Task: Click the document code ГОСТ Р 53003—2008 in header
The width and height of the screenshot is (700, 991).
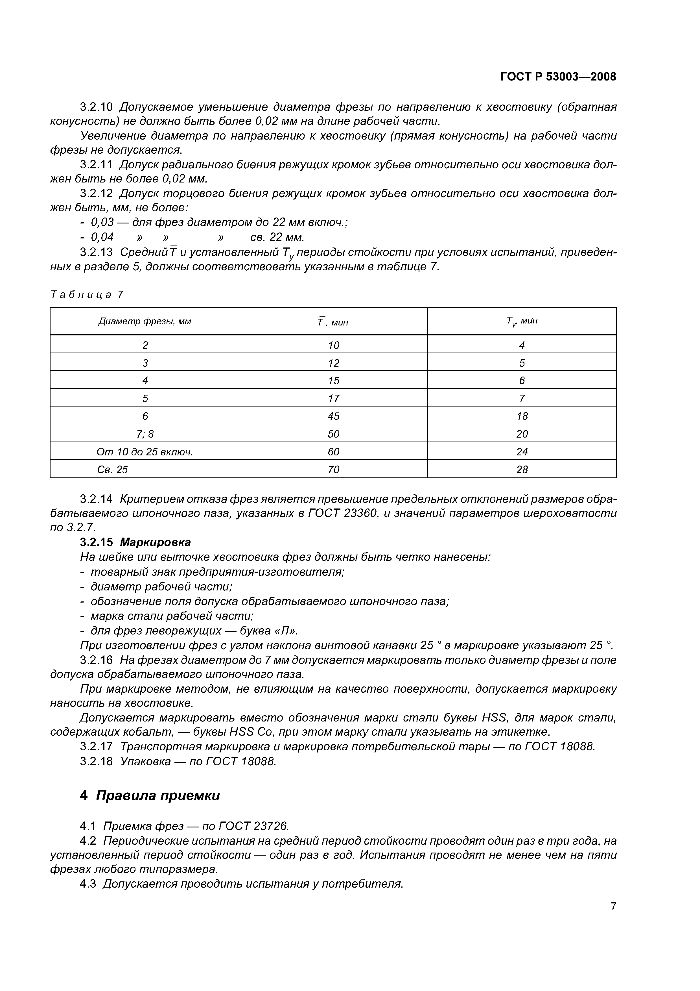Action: tap(558, 77)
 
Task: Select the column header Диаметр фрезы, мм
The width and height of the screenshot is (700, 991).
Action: tap(145, 321)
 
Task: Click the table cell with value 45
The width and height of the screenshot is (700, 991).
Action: tap(333, 416)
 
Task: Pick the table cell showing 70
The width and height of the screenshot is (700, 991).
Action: tap(333, 470)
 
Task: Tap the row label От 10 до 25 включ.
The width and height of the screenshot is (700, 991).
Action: tap(145, 452)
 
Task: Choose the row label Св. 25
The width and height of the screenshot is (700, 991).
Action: tap(113, 470)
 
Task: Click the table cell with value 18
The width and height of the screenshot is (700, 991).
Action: tap(522, 416)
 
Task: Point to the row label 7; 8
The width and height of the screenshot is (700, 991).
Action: tap(145, 434)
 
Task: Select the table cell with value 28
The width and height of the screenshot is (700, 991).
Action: tap(522, 470)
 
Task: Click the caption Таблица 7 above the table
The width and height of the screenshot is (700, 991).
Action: tap(87, 295)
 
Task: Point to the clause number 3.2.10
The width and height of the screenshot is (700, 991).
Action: tap(96, 107)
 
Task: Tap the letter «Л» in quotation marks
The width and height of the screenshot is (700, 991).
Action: tap(286, 631)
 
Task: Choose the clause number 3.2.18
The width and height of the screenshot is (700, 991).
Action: tap(96, 761)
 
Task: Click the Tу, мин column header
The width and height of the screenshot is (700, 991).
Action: tap(522, 321)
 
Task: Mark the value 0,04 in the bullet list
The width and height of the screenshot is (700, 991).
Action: tap(102, 237)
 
